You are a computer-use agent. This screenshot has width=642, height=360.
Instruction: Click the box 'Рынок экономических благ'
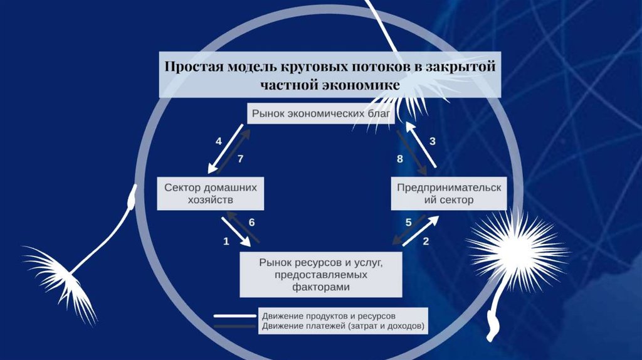(321, 114)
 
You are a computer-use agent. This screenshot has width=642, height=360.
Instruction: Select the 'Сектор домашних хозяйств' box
(211, 194)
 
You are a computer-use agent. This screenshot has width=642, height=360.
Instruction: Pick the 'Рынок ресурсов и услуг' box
(320, 274)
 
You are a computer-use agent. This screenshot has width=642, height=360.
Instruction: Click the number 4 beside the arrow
(219, 141)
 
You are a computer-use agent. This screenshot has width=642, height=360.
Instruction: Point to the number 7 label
(239, 159)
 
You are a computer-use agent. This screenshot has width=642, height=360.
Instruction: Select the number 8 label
(400, 159)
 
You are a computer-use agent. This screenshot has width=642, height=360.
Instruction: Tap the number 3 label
(432, 141)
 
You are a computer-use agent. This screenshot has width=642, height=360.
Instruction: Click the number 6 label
(251, 222)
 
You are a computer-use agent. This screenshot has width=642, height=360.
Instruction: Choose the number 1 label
(226, 240)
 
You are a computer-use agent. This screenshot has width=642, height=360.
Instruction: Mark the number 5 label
(408, 222)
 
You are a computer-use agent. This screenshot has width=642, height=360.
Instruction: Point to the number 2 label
(426, 240)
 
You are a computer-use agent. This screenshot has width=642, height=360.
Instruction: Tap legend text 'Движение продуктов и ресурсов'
(329, 315)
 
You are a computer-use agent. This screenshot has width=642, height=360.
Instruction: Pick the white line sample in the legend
(234, 316)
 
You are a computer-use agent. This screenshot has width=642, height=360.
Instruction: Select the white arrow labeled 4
(225, 148)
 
